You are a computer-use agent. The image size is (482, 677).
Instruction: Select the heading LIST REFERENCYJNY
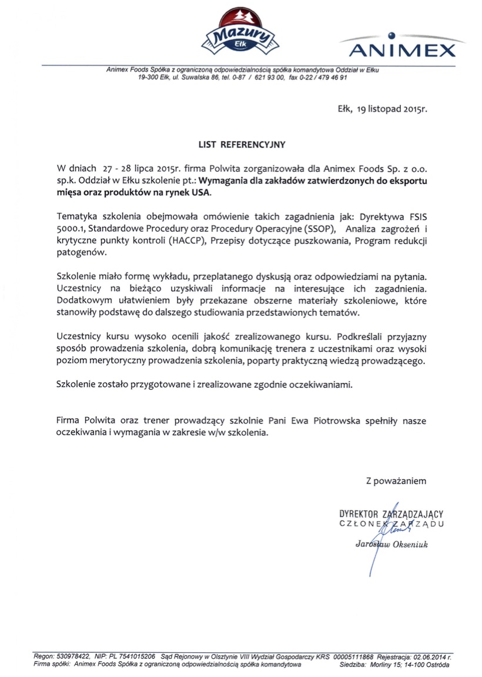241,143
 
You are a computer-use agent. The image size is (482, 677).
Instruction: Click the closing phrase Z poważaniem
396,481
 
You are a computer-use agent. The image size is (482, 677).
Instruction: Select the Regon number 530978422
72,656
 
